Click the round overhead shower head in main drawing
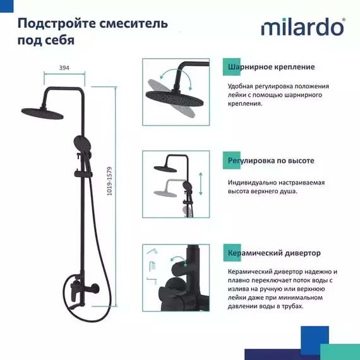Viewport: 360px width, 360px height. click(x=42, y=111)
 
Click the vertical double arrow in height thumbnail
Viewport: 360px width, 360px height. click(x=200, y=184)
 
